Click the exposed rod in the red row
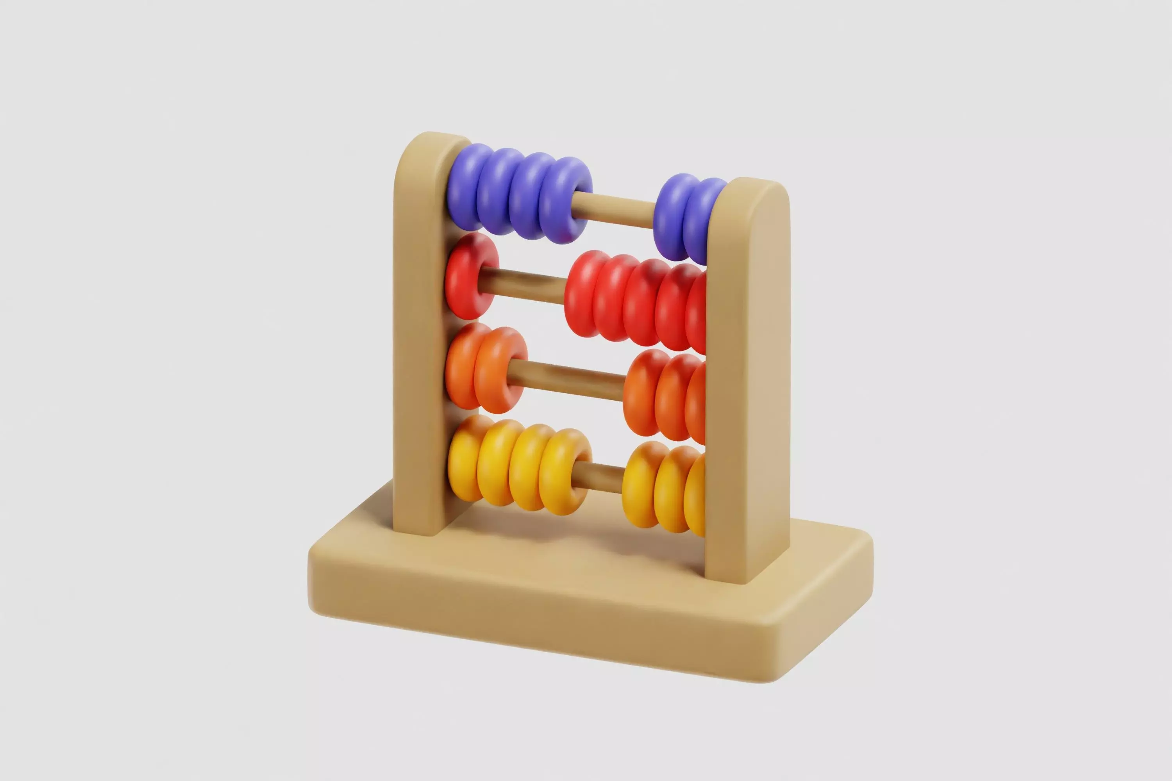[x=523, y=285]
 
